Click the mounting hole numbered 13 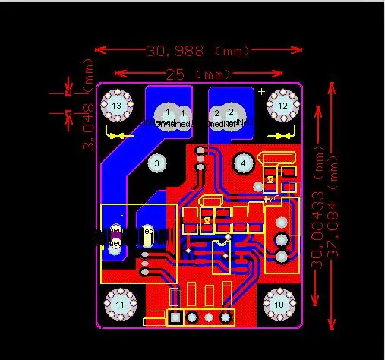pyautogui.click(x=116, y=105)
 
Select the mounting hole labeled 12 pyautogui.click(x=282, y=105)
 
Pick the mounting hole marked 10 pyautogui.click(x=279, y=305)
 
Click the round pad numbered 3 pyautogui.click(x=156, y=163)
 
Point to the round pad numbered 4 pyautogui.click(x=244, y=163)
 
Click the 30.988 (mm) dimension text pyautogui.click(x=197, y=51)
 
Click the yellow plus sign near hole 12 pyautogui.click(x=262, y=92)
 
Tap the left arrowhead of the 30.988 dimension pyautogui.click(x=99, y=51)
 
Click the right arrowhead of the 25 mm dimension pyautogui.click(x=291, y=74)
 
